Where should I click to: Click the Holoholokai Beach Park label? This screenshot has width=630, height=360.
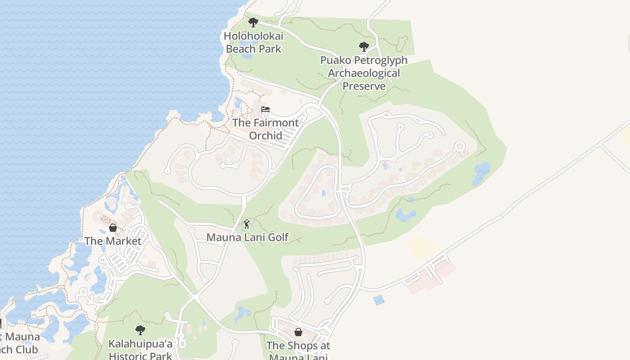pyautogui.click(x=253, y=42)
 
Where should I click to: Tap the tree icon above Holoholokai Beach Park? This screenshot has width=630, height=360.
pyautogui.click(x=253, y=22)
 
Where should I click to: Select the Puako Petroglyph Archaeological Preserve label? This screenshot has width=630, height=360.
pyautogui.click(x=364, y=73)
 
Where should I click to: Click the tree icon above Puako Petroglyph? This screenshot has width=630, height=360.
pyautogui.click(x=364, y=46)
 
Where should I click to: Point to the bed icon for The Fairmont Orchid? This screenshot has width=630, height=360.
pyautogui.click(x=265, y=109)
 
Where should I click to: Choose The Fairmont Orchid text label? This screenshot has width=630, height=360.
pyautogui.click(x=265, y=129)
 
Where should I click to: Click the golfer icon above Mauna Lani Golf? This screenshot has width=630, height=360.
pyautogui.click(x=247, y=224)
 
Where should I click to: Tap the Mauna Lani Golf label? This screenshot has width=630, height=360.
pyautogui.click(x=247, y=237)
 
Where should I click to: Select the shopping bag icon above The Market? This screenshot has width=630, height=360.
pyautogui.click(x=113, y=228)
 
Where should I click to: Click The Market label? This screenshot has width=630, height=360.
pyautogui.click(x=113, y=241)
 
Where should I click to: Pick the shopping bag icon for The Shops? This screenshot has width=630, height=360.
pyautogui.click(x=298, y=332)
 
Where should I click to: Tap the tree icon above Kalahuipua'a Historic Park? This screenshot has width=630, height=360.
pyautogui.click(x=140, y=330)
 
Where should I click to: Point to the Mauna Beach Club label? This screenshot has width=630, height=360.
pyautogui.click(x=20, y=343)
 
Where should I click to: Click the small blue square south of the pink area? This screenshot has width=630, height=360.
pyautogui.click(x=379, y=300)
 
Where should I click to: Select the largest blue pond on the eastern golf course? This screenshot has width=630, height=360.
pyautogui.click(x=481, y=172)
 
